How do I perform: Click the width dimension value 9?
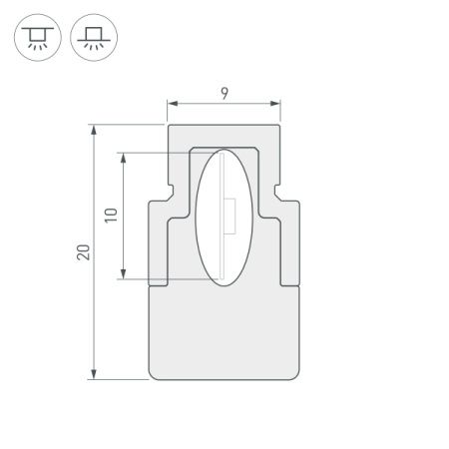pos(224,94)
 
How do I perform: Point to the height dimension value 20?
pos(83,251)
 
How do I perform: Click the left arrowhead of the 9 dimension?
pos(171,103)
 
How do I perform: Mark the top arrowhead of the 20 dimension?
pos(94,129)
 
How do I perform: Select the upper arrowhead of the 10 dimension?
pos(123,156)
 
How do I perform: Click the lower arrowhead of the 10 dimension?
pos(123,276)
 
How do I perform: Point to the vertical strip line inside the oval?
pos(223,249)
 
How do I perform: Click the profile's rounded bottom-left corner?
pos(152,376)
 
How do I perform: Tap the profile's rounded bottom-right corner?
pos(295,376)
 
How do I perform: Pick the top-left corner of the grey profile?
pos(169,127)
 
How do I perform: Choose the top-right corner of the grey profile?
pos(278,127)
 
